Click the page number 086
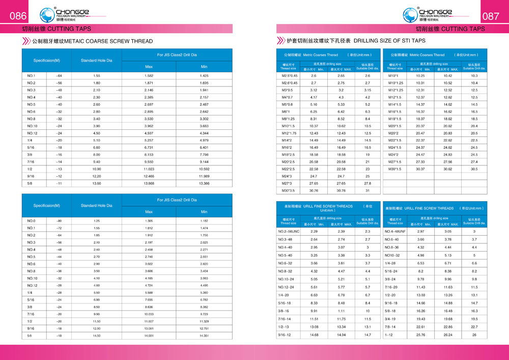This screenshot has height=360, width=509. tap(18, 16)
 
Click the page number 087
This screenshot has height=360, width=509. tap(491, 16)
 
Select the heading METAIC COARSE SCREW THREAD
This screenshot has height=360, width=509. tap(92, 41)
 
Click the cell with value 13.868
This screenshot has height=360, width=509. tap(149, 183)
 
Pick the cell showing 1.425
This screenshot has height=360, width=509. tap(204, 76)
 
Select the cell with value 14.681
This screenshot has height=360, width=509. tap(149, 336)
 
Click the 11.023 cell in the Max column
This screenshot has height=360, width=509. tap(149, 169)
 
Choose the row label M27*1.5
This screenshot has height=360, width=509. tap(395, 162)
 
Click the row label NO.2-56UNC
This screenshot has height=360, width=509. tap(289, 231)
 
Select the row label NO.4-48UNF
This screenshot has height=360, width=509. tap(395, 231)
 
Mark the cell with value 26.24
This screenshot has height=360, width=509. tap(447, 335)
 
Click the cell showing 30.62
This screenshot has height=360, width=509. tap(447, 169)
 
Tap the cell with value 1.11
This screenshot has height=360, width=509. tap(341, 311)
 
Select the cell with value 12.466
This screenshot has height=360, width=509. tap(149, 176)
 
